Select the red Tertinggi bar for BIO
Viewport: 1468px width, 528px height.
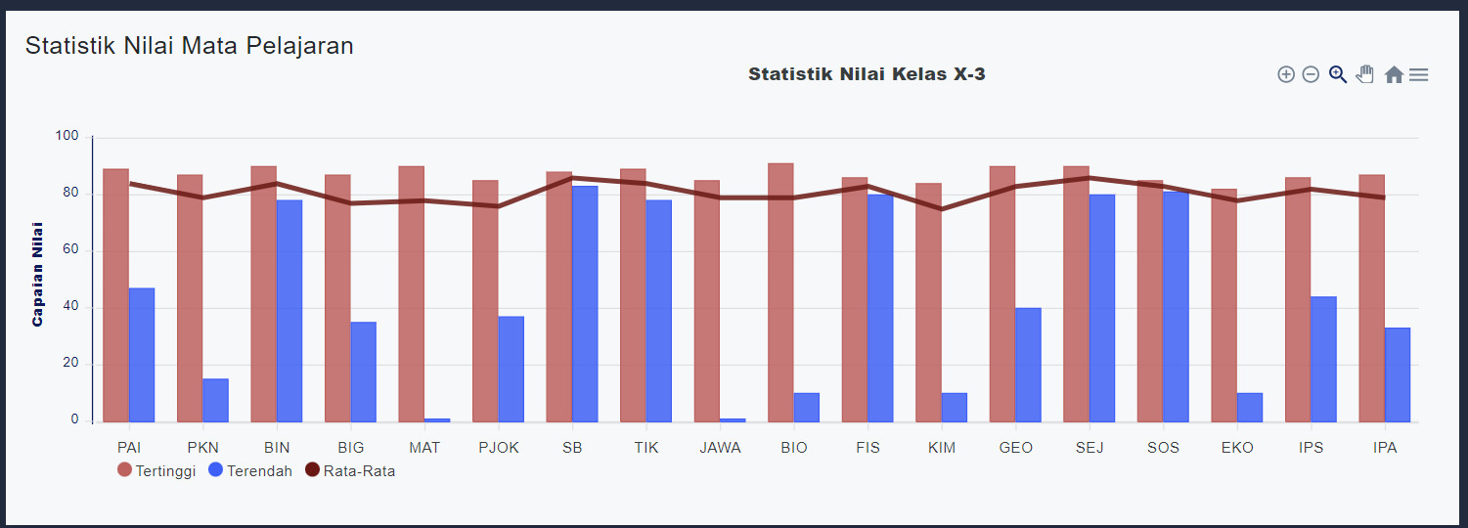tap(780, 292)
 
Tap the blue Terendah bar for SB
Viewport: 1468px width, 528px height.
tap(585, 304)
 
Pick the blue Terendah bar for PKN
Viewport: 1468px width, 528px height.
tap(215, 400)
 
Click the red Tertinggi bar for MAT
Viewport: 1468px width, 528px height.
tap(411, 293)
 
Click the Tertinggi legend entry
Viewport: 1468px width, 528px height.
tap(156, 471)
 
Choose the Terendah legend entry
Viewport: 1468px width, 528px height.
tap(250, 471)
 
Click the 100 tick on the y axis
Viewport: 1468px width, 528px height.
tap(67, 136)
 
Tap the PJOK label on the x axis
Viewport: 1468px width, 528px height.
tap(499, 448)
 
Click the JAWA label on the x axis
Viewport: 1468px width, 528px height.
tap(721, 448)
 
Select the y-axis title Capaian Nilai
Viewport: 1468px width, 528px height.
tap(38, 274)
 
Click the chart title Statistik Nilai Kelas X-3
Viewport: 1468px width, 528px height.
tap(867, 74)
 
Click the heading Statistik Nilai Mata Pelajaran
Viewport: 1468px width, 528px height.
tap(190, 46)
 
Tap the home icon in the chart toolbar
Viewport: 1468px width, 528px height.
tap(1394, 74)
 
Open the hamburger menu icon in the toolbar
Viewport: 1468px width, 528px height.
tap(1418, 74)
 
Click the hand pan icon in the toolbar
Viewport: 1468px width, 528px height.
tap(1365, 74)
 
